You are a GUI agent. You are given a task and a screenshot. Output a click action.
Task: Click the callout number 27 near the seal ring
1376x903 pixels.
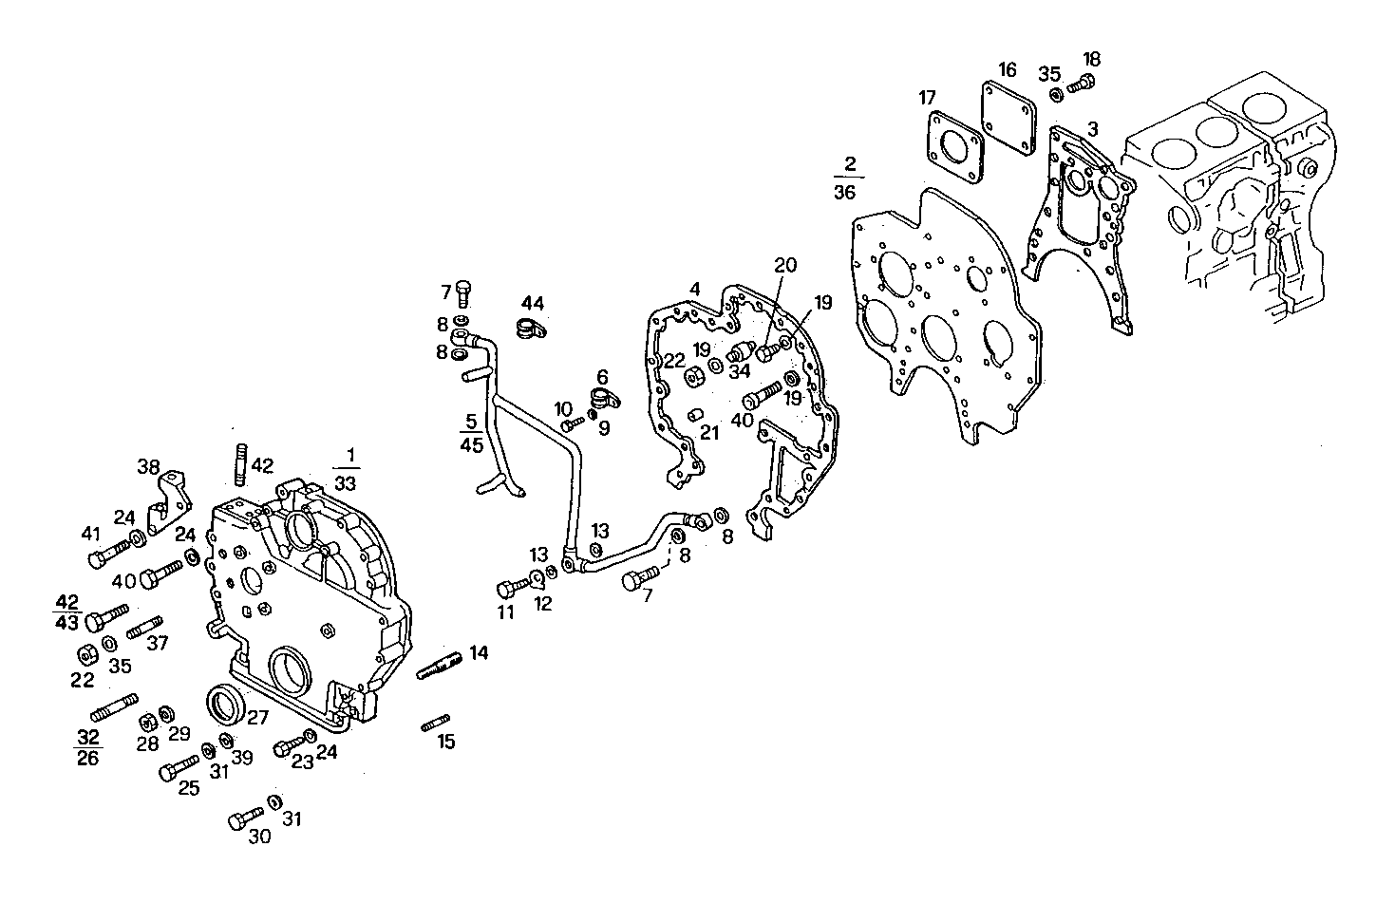257,718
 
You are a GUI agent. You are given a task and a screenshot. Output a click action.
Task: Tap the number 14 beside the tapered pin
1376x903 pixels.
478,652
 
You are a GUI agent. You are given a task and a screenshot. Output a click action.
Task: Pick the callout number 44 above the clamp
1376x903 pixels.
532,304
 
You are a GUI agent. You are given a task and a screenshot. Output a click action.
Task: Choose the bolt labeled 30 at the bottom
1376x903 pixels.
244,819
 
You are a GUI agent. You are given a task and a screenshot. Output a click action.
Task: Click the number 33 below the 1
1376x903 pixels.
346,482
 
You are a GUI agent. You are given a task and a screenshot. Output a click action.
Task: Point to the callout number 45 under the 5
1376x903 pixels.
472,445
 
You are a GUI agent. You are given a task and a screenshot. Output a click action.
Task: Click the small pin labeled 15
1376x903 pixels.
434,724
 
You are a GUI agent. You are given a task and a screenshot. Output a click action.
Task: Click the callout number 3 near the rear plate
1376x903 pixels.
1093,128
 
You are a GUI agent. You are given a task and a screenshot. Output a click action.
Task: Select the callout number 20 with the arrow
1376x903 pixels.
784,265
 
